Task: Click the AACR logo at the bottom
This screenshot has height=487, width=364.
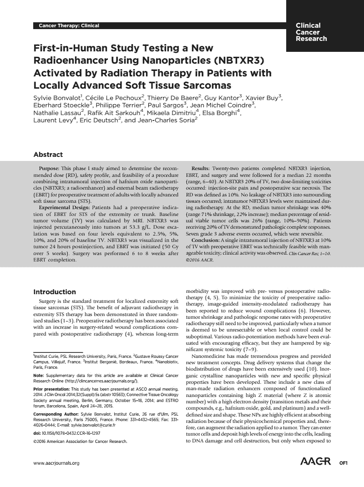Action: [315, 462]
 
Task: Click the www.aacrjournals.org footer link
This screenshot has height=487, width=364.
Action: [56, 463]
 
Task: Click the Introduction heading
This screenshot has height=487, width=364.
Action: [55, 292]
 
